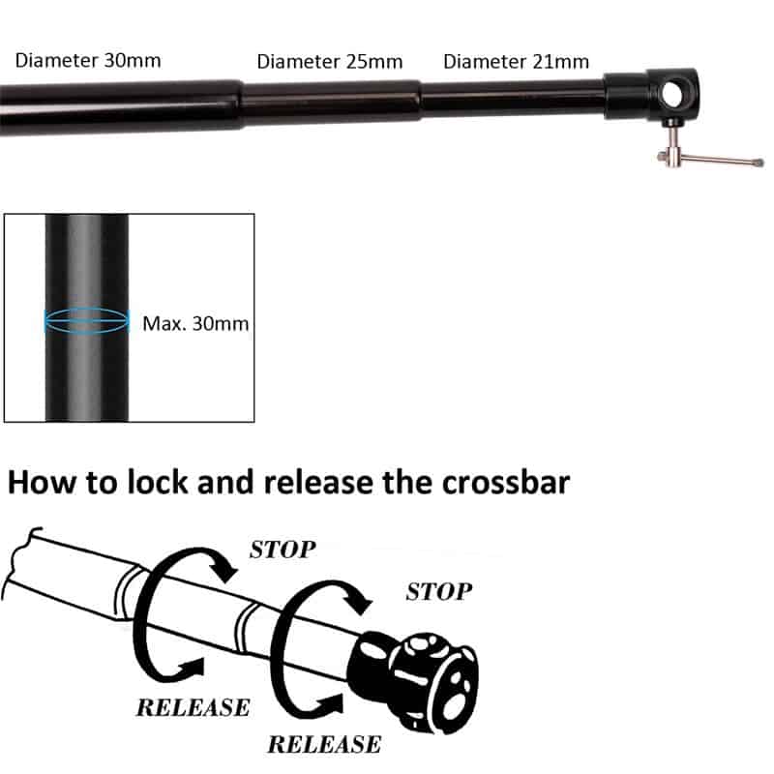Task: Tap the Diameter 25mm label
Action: pos(329,62)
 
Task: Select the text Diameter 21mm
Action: pos(516,62)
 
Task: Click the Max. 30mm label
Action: pos(195,323)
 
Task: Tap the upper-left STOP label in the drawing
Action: pos(283,550)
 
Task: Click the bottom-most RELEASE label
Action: pos(323,744)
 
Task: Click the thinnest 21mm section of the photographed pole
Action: pos(513,99)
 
